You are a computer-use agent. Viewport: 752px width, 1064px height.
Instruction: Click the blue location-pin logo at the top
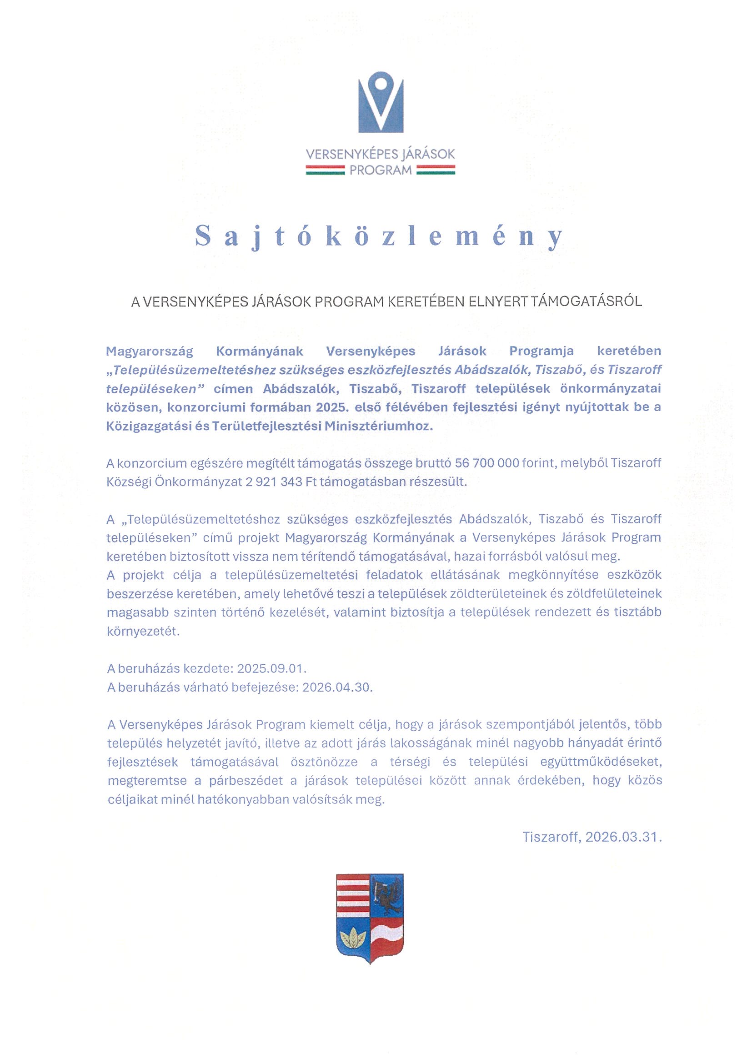[381, 105]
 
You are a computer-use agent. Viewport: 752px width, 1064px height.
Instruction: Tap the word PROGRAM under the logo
[381, 171]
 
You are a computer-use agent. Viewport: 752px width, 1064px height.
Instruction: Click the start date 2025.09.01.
[272, 669]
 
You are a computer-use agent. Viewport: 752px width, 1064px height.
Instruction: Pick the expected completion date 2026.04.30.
[337, 687]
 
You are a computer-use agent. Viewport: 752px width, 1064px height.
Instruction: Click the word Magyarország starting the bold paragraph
[149, 351]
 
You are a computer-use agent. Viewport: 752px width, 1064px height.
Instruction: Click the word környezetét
[143, 632]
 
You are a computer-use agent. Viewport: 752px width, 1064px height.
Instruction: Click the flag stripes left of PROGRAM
[325, 171]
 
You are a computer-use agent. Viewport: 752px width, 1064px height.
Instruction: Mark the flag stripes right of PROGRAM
[436, 171]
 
